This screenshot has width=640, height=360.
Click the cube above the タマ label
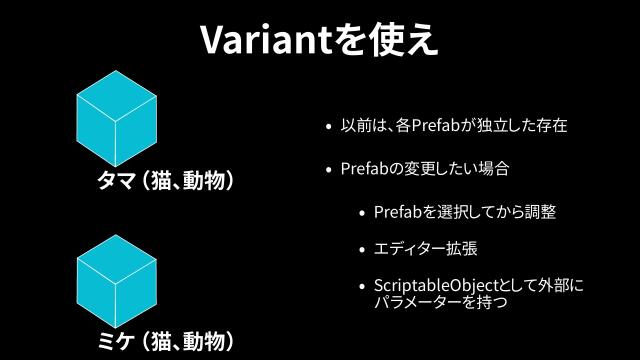tap(117, 119)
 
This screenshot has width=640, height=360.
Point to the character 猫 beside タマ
tap(162, 181)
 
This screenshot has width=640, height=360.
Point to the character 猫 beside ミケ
tap(162, 342)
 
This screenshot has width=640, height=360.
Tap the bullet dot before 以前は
tap(328, 128)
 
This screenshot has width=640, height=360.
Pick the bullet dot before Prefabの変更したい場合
tap(328, 170)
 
